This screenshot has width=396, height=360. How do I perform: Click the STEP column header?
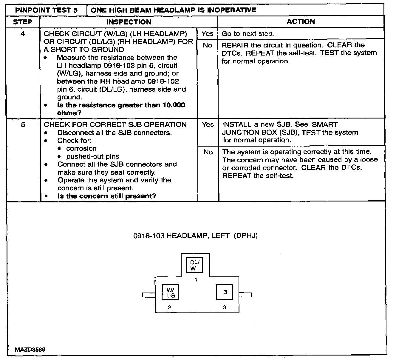(x=23, y=22)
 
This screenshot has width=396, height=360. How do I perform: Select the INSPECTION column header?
(x=129, y=22)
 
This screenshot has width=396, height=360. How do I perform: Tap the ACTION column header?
(x=301, y=22)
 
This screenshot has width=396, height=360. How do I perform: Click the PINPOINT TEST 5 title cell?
(x=46, y=10)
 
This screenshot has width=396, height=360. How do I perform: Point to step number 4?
(x=23, y=33)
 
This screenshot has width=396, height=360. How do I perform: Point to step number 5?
(x=23, y=124)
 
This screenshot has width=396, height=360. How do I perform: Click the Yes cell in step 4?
(x=207, y=33)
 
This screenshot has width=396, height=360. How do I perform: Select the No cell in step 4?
(x=207, y=45)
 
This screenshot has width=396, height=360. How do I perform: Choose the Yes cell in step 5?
(x=208, y=124)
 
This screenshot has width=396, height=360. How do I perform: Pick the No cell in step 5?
(x=208, y=152)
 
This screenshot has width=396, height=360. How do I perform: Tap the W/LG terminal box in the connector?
(x=170, y=293)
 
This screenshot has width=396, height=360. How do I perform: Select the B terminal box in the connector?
(x=225, y=292)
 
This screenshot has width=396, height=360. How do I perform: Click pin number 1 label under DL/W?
(x=196, y=280)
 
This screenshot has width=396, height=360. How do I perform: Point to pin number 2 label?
(x=169, y=307)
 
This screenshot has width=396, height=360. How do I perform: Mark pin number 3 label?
(x=224, y=307)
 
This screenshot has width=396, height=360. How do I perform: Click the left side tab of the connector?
(x=148, y=295)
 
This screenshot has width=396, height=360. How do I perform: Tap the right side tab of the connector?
(x=245, y=295)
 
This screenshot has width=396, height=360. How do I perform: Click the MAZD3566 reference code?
(x=30, y=349)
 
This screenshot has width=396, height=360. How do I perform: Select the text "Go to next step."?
(x=247, y=34)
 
